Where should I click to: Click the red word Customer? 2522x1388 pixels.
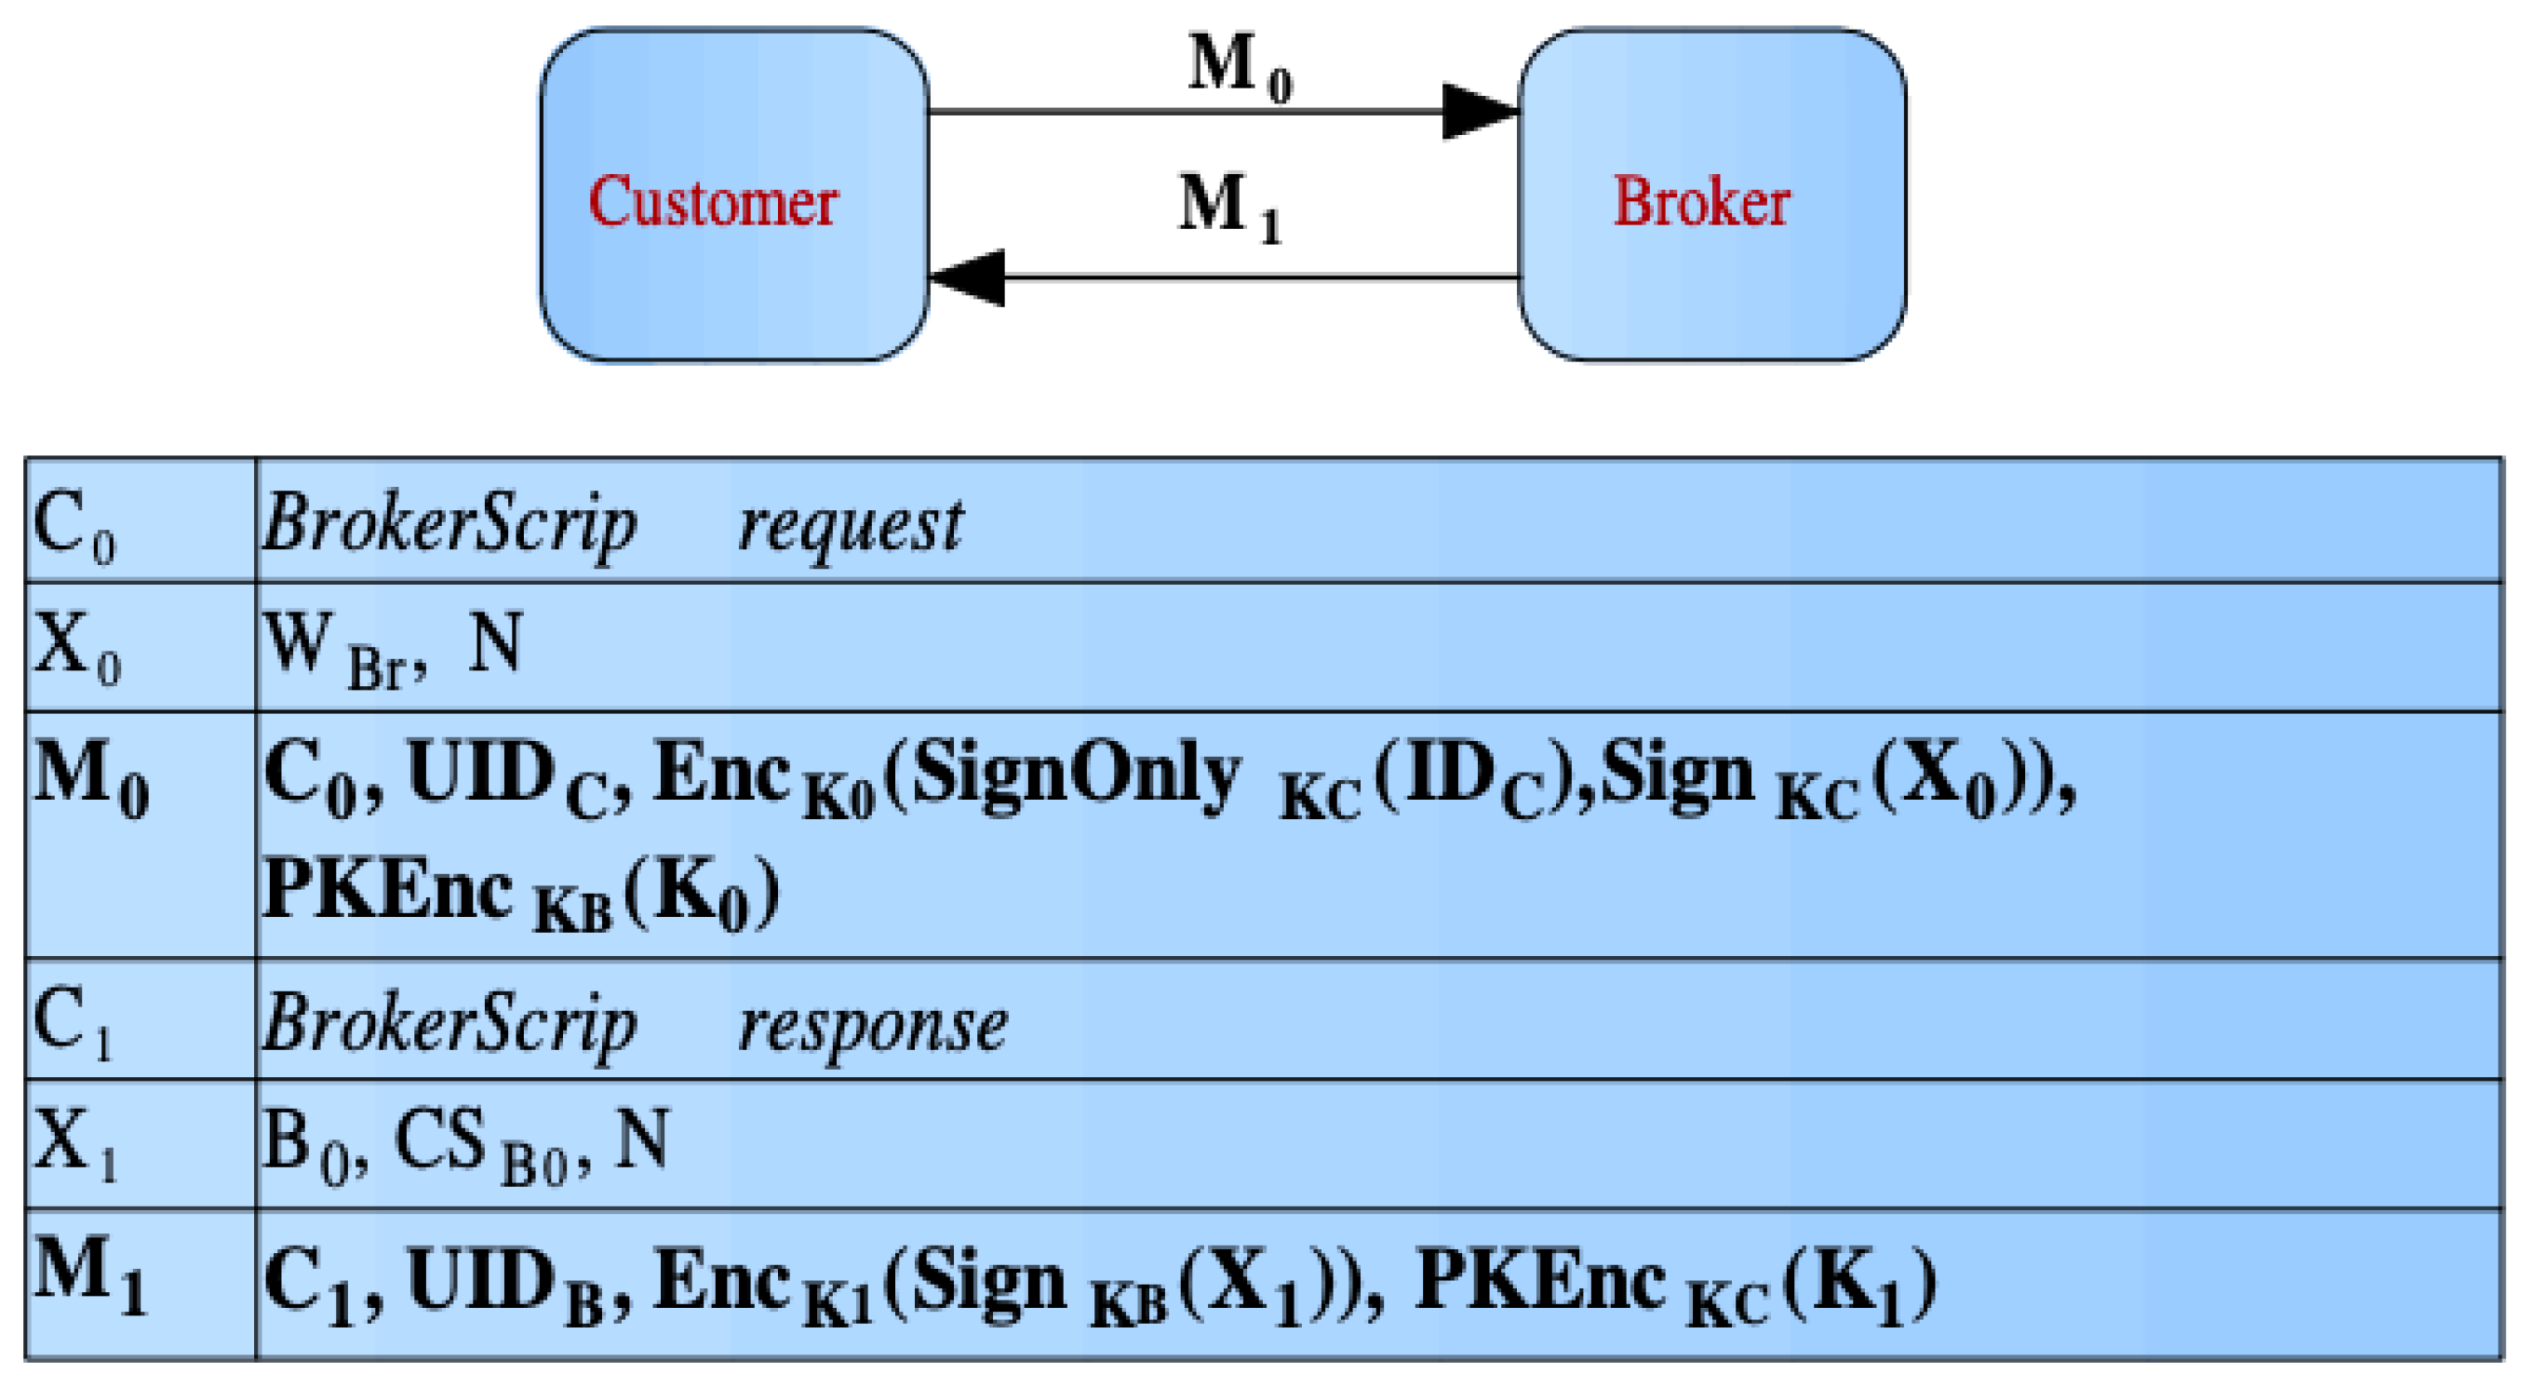[x=713, y=202]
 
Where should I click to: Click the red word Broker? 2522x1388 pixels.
[x=1701, y=202]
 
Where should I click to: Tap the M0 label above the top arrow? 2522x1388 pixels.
[x=1240, y=67]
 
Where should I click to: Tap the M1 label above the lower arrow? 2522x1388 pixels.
[x=1229, y=207]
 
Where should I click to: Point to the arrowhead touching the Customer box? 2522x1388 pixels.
[x=967, y=278]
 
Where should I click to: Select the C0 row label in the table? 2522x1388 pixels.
[x=74, y=527]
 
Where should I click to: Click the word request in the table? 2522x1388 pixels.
[x=850, y=525]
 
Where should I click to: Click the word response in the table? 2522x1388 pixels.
[x=872, y=1026]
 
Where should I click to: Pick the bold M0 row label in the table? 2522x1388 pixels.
[x=90, y=779]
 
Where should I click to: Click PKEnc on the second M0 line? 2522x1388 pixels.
[x=388, y=887]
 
